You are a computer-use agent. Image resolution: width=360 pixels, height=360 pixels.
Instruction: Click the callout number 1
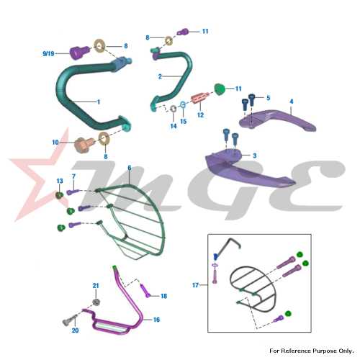(99, 102)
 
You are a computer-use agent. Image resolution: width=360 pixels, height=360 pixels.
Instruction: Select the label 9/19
(48, 53)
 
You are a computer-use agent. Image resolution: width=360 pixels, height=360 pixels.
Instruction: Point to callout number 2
(160, 76)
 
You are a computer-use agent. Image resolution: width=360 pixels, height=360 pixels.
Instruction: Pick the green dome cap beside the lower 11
(220, 89)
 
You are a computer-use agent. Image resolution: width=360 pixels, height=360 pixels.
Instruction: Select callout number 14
(174, 126)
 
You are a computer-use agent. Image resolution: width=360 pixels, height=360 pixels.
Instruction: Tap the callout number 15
(184, 122)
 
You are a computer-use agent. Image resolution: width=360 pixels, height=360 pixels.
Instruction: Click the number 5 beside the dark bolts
(269, 98)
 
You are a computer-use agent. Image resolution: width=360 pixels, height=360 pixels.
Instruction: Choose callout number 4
(292, 102)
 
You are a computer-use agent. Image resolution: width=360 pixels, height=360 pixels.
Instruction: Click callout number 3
(255, 156)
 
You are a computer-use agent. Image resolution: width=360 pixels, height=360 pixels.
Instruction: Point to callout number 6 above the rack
(130, 168)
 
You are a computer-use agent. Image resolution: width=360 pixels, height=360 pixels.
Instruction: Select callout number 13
(60, 181)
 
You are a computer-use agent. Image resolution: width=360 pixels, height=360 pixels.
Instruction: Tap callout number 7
(73, 176)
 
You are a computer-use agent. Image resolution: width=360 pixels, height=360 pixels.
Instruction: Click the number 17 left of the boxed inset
(196, 285)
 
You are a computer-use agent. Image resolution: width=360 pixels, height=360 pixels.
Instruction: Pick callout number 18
(164, 296)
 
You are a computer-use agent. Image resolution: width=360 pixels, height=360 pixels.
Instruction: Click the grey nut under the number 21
(96, 302)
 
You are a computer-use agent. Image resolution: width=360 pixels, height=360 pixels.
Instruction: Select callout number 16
(156, 320)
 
